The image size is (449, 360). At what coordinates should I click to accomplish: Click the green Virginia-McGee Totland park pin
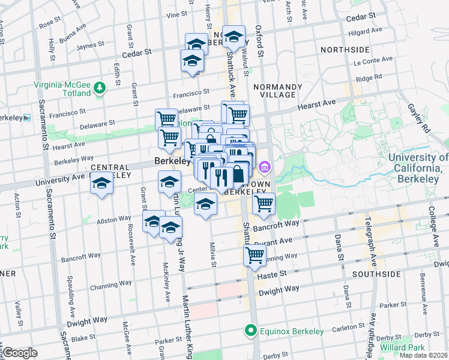tap(100, 89)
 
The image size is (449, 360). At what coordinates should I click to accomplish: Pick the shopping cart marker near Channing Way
tap(255, 254)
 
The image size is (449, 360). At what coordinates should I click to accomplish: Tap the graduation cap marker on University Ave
tap(101, 182)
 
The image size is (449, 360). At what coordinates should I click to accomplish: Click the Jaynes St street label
tap(91, 44)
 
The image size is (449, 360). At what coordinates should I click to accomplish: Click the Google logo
tap(20, 353)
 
